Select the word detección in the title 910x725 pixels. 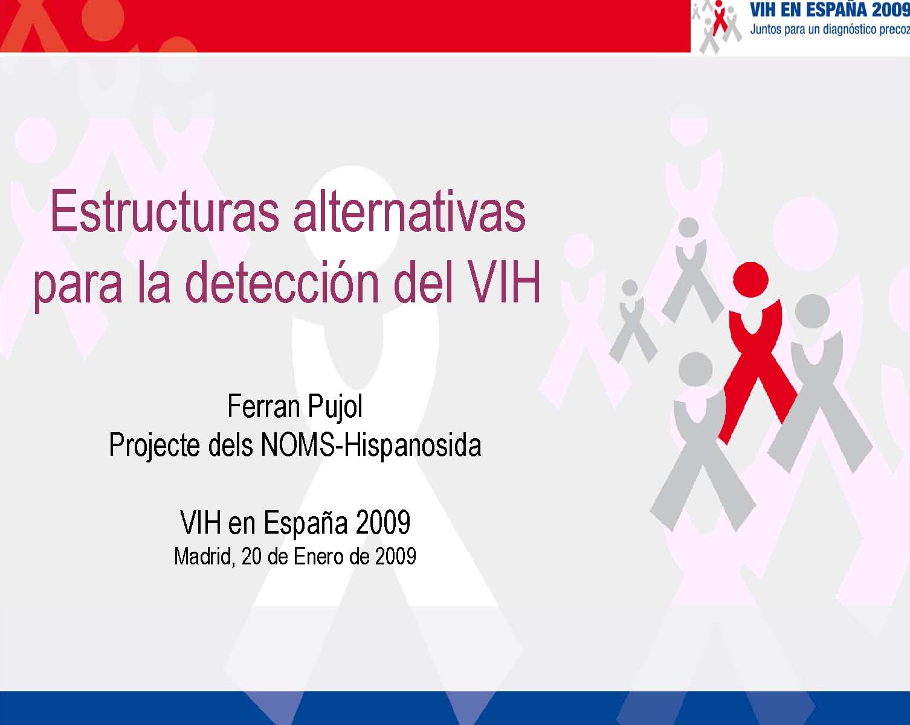pos(282,281)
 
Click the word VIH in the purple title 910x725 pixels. pos(505,281)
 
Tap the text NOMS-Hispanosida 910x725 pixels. pos(371,445)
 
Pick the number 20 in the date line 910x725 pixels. pos(251,556)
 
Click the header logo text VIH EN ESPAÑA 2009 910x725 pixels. pos(830,10)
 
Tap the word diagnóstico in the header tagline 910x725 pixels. pos(857,30)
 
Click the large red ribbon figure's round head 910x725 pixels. pos(750,279)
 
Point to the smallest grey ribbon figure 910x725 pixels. pos(633,321)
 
